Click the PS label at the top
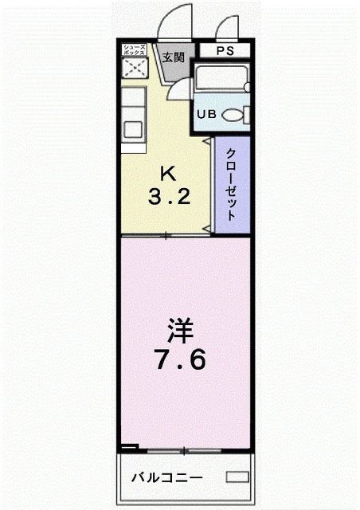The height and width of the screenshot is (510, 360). tap(224, 51)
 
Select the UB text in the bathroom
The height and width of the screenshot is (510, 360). tap(206, 114)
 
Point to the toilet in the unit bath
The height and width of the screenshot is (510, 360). tap(233, 116)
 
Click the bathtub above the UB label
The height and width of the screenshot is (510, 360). tap(222, 80)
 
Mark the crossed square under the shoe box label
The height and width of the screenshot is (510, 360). tap(134, 69)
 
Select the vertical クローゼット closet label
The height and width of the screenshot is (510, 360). tap(230, 184)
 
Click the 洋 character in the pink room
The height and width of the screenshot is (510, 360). tap(179, 329)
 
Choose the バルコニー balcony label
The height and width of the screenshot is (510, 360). tap(166, 478)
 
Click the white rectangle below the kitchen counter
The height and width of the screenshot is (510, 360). tap(133, 147)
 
